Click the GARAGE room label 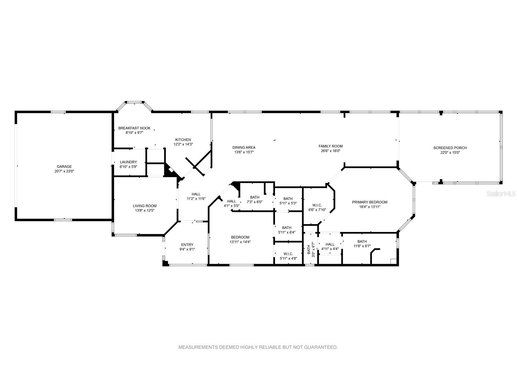coord(64,167)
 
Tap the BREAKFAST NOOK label coord(134,128)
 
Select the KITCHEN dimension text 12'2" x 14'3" coord(183,144)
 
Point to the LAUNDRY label coord(128,162)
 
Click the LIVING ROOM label coord(145,206)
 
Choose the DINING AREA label coord(244,147)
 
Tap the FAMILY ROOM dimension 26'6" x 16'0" coord(331,151)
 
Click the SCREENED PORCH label coord(450,148)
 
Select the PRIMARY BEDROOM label coord(370,202)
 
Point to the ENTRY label coord(187,244)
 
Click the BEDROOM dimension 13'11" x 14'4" coord(240,242)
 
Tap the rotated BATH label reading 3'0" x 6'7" coord(311,250)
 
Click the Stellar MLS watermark coord(501,194)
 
